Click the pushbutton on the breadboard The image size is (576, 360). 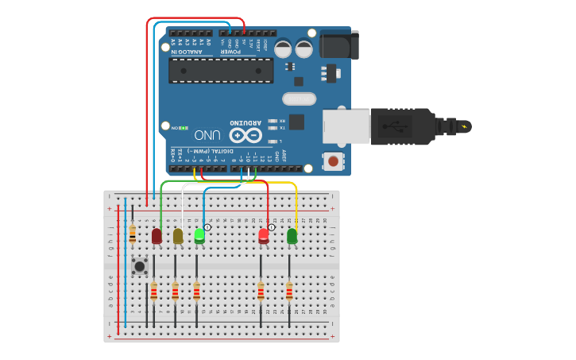(140, 266)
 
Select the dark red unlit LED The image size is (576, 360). (157, 236)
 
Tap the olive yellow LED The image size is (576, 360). (178, 236)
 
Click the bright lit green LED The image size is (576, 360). (199, 235)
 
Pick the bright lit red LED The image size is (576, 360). (264, 235)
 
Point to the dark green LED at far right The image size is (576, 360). (292, 235)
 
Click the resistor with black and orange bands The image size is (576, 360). (132, 234)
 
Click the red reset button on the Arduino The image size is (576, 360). (334, 161)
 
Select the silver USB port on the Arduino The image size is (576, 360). (346, 126)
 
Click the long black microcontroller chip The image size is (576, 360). (221, 70)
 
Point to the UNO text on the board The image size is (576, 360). (207, 135)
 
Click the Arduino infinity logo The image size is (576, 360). (245, 136)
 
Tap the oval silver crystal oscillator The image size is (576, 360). (299, 99)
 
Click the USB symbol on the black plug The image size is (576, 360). (391, 126)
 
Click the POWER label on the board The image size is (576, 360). (231, 52)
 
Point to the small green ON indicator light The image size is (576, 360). (183, 127)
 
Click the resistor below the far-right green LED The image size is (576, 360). (289, 292)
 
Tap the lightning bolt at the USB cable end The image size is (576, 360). (464, 126)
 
